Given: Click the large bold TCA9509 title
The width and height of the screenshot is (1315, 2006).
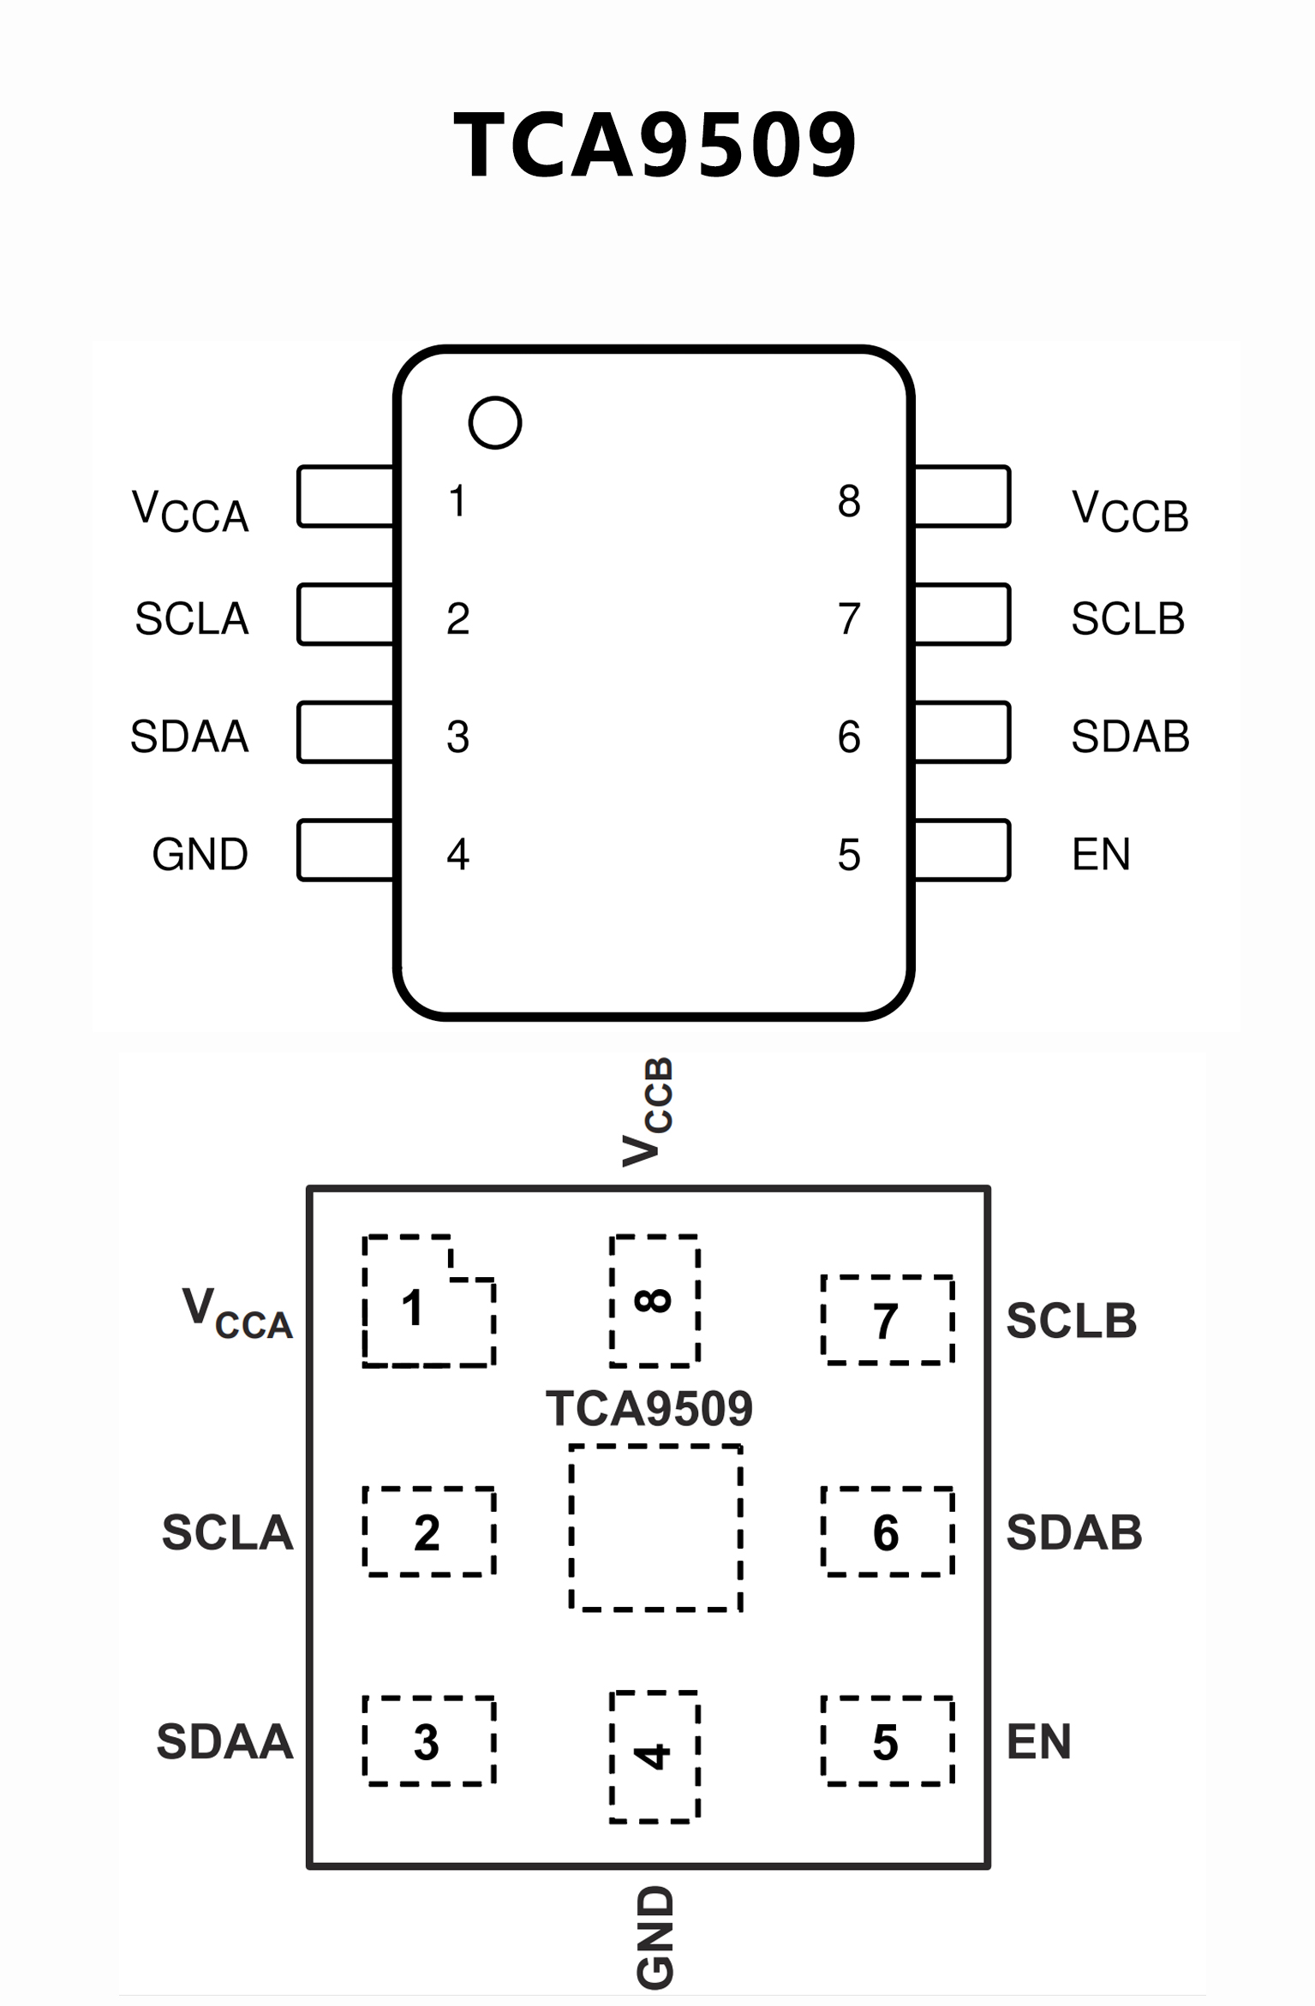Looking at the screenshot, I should coord(655,146).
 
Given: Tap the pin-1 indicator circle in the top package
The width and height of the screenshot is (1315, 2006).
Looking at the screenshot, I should coord(495,422).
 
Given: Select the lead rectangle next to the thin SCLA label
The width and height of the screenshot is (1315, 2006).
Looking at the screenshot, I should coord(346,614).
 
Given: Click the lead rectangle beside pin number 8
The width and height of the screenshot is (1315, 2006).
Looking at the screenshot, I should coord(962,497).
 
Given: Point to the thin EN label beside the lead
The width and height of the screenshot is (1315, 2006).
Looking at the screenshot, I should coord(1101,854).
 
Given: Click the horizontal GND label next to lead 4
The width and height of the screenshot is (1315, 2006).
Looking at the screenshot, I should coord(200,854).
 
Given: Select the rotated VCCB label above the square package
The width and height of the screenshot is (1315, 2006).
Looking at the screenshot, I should coord(649,1112).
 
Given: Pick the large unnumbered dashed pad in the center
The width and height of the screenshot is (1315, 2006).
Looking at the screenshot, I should coord(655,1529).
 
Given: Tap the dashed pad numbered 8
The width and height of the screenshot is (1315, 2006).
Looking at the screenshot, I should coord(655,1300).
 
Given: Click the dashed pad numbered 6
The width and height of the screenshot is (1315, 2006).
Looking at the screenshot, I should coord(888,1531).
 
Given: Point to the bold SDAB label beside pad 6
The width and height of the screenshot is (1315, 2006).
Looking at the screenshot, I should coord(1074,1532).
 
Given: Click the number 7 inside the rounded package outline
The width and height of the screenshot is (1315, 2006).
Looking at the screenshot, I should coord(849,618).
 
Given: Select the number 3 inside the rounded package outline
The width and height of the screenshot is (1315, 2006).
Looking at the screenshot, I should coord(458,737).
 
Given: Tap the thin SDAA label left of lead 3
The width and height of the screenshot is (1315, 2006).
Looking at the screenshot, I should coord(189,736).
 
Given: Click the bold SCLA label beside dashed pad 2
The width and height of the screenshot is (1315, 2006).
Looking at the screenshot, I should coord(227,1532).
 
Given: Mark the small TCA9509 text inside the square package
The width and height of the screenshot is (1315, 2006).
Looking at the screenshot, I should coord(649,1409).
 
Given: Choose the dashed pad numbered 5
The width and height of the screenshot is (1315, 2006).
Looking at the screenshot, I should coord(888,1741).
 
